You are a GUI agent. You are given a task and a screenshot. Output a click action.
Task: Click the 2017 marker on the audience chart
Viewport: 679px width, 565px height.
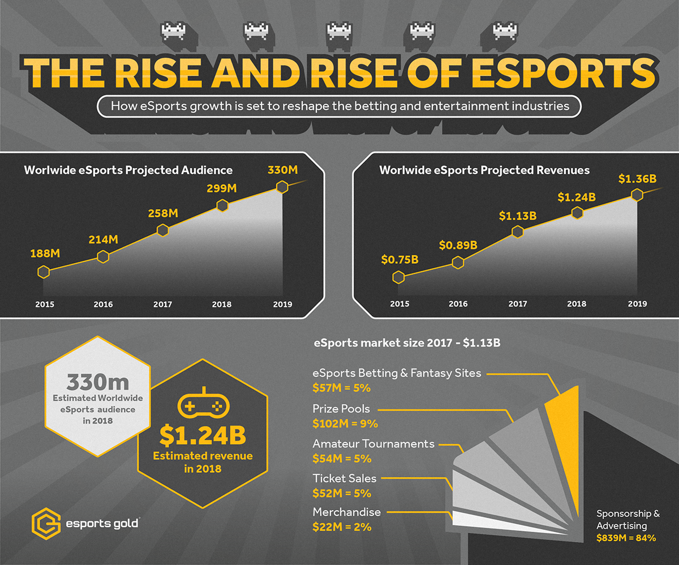[163, 230]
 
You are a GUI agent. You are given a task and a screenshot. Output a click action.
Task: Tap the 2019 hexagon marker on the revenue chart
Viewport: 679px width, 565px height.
[637, 195]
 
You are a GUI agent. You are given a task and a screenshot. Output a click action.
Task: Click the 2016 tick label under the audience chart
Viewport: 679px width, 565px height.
[103, 305]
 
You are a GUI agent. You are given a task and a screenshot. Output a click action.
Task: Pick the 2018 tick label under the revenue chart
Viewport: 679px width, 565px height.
[577, 304]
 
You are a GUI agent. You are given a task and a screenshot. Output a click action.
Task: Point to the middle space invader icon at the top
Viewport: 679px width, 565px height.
[338, 31]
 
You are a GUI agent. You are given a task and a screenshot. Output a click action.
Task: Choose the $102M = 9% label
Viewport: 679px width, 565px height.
[345, 423]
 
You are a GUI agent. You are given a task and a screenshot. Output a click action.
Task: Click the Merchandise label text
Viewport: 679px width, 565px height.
[347, 512]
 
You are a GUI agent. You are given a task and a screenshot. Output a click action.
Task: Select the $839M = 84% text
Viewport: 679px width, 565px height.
[626, 538]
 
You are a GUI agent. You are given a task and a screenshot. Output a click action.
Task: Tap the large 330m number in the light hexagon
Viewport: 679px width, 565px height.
[98, 383]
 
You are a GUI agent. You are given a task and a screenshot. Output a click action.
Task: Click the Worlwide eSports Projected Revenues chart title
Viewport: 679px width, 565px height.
[484, 170]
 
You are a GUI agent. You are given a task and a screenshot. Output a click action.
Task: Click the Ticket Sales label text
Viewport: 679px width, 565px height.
[344, 479]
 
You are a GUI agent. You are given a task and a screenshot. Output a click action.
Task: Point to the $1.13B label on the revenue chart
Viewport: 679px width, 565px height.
[517, 215]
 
